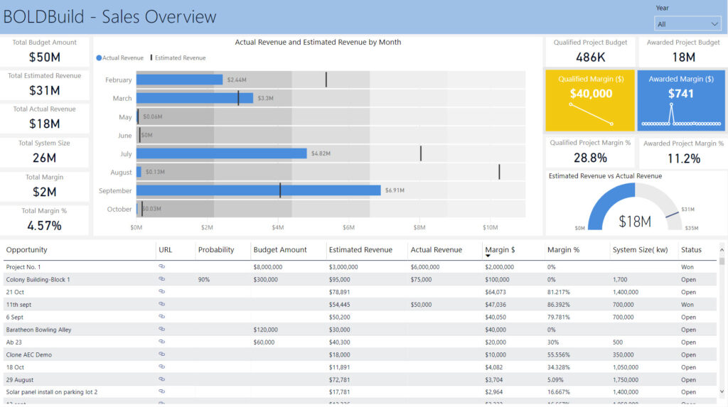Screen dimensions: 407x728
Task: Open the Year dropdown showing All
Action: (687, 24)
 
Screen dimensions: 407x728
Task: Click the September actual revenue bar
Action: (258, 190)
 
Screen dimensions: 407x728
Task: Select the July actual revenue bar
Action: (221, 153)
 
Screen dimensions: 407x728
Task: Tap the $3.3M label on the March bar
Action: (265, 98)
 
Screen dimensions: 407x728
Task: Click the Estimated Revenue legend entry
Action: (180, 58)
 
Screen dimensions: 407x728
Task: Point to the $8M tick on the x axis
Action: (419, 227)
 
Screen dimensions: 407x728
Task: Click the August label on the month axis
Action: (121, 173)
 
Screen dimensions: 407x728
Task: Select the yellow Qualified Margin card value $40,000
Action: (590, 93)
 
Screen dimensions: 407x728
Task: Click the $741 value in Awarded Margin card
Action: (680, 93)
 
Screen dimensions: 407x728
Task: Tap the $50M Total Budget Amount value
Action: (44, 58)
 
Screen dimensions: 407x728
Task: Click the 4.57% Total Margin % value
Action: (44, 226)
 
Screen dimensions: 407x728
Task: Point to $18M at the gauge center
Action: (634, 222)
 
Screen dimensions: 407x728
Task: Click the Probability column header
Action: (216, 250)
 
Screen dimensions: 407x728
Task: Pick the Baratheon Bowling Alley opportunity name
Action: (38, 330)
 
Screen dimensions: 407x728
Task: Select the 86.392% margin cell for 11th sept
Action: (562, 305)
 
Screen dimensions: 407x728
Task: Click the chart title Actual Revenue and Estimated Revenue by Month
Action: (318, 43)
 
